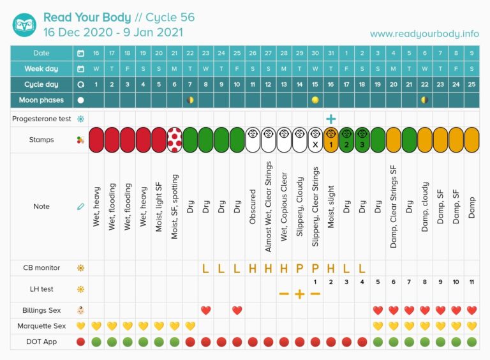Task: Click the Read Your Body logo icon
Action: tap(24, 24)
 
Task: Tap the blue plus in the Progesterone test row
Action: tap(330, 119)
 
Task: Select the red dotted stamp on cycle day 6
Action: tap(175, 140)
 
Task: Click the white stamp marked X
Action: tap(315, 140)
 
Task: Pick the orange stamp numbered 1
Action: tap(330, 140)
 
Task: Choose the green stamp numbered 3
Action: tap(362, 140)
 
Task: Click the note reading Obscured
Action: tap(253, 206)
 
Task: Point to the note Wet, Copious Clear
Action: tap(284, 206)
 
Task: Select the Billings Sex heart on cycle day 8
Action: tap(205, 310)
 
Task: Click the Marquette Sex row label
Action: tap(42, 326)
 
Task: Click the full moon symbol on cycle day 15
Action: tap(315, 100)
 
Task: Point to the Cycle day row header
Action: tap(41, 84)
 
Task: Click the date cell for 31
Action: tap(330, 53)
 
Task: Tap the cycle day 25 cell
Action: tap(471, 84)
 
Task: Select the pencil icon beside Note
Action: tap(80, 206)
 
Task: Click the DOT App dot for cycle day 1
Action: tap(96, 342)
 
